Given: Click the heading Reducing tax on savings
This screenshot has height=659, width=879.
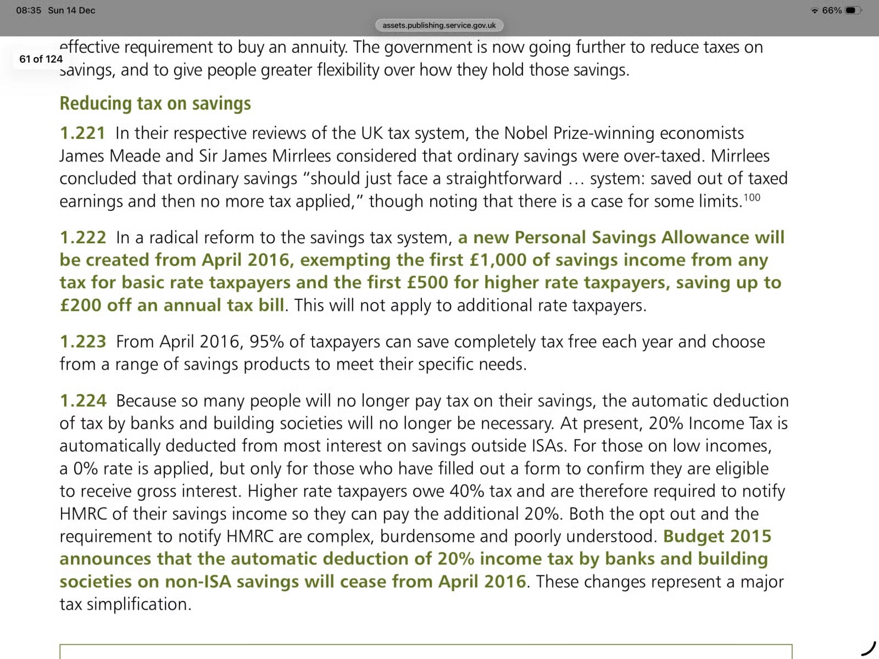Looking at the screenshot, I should point(155,103).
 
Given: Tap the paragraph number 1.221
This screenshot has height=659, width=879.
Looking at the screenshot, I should point(82,133).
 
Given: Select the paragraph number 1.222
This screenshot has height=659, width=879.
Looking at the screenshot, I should point(82,238).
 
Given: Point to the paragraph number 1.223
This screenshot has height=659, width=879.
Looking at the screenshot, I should point(82,342).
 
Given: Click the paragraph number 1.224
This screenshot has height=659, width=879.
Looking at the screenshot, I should point(82,401).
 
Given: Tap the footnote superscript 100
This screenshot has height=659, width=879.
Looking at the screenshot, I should point(752,198).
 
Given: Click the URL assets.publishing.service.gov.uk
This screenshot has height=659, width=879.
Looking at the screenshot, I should point(439,25).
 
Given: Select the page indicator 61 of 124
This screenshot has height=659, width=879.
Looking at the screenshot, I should point(41,59).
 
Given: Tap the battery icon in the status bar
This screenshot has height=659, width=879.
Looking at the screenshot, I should point(853,10).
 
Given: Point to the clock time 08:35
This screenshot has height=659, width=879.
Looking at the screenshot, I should point(29,10).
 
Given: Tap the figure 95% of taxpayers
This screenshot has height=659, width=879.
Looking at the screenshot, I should point(266,342).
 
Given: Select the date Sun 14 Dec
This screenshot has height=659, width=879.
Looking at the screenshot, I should point(71,10).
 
